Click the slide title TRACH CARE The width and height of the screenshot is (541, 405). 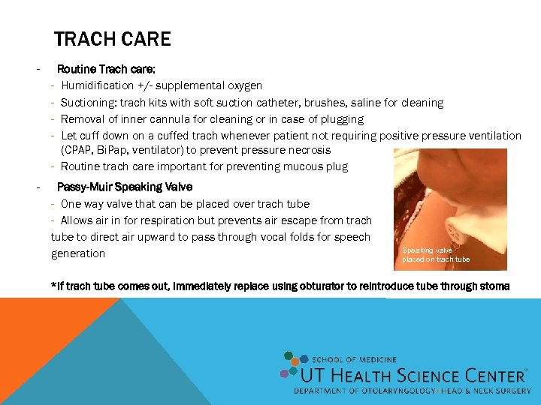[112, 39]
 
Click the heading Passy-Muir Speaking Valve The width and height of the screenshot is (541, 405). [125, 187]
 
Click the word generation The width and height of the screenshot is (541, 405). [78, 253]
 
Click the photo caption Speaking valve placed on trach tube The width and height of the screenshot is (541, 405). [436, 255]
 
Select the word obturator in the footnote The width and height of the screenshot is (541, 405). [306, 286]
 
